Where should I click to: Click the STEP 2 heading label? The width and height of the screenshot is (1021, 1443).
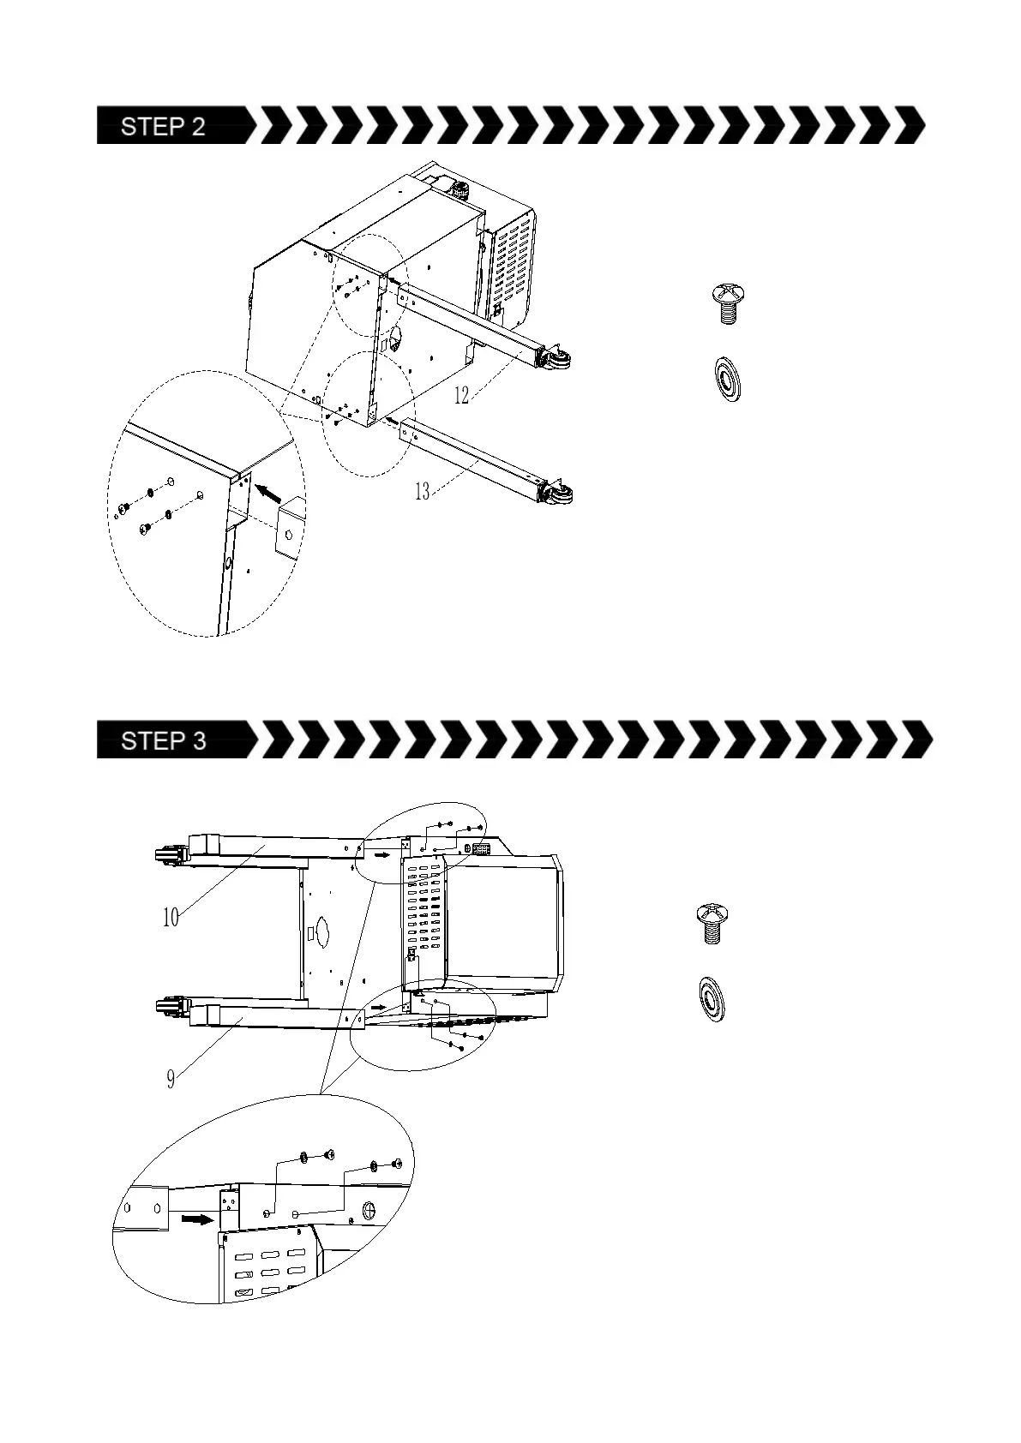(x=164, y=127)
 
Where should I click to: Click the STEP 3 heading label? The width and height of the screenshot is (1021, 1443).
(x=164, y=740)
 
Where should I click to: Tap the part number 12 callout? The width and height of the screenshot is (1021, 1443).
(x=461, y=395)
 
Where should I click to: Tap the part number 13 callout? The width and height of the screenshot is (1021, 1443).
(x=422, y=492)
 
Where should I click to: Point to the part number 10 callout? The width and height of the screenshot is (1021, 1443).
(x=171, y=918)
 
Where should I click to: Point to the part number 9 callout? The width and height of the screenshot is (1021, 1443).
(x=171, y=1079)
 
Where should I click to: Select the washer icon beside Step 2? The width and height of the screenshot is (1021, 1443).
(x=730, y=378)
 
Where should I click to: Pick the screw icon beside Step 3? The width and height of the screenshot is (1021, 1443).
(x=710, y=923)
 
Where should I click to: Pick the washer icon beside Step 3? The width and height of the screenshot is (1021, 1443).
(x=712, y=999)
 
